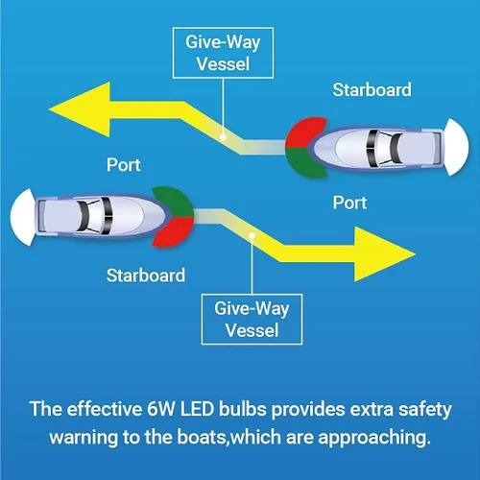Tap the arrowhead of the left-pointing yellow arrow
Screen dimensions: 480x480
[80, 109]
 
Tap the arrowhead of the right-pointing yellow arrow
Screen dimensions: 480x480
[385, 254]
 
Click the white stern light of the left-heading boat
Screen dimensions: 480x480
[458, 147]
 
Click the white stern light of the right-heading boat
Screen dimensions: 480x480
[22, 217]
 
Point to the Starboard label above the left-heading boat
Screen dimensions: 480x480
[372, 89]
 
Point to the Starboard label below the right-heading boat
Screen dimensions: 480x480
[146, 276]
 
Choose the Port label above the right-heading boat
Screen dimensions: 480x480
[124, 165]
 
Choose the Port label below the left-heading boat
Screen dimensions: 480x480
[349, 203]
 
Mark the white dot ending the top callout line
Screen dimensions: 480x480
[224, 137]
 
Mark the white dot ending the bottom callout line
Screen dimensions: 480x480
[252, 236]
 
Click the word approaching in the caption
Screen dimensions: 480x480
[373, 438]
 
